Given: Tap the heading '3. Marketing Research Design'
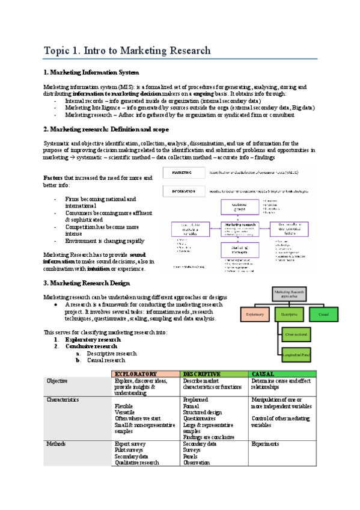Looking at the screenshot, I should pyautogui.click(x=87, y=283).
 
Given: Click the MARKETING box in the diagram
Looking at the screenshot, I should pyautogui.click(x=182, y=173).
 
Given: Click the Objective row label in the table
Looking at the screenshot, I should pyautogui.click(x=58, y=381).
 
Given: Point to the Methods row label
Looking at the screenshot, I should pyautogui.click(x=56, y=444).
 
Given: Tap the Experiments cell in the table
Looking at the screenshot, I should pyautogui.click(x=265, y=444).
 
